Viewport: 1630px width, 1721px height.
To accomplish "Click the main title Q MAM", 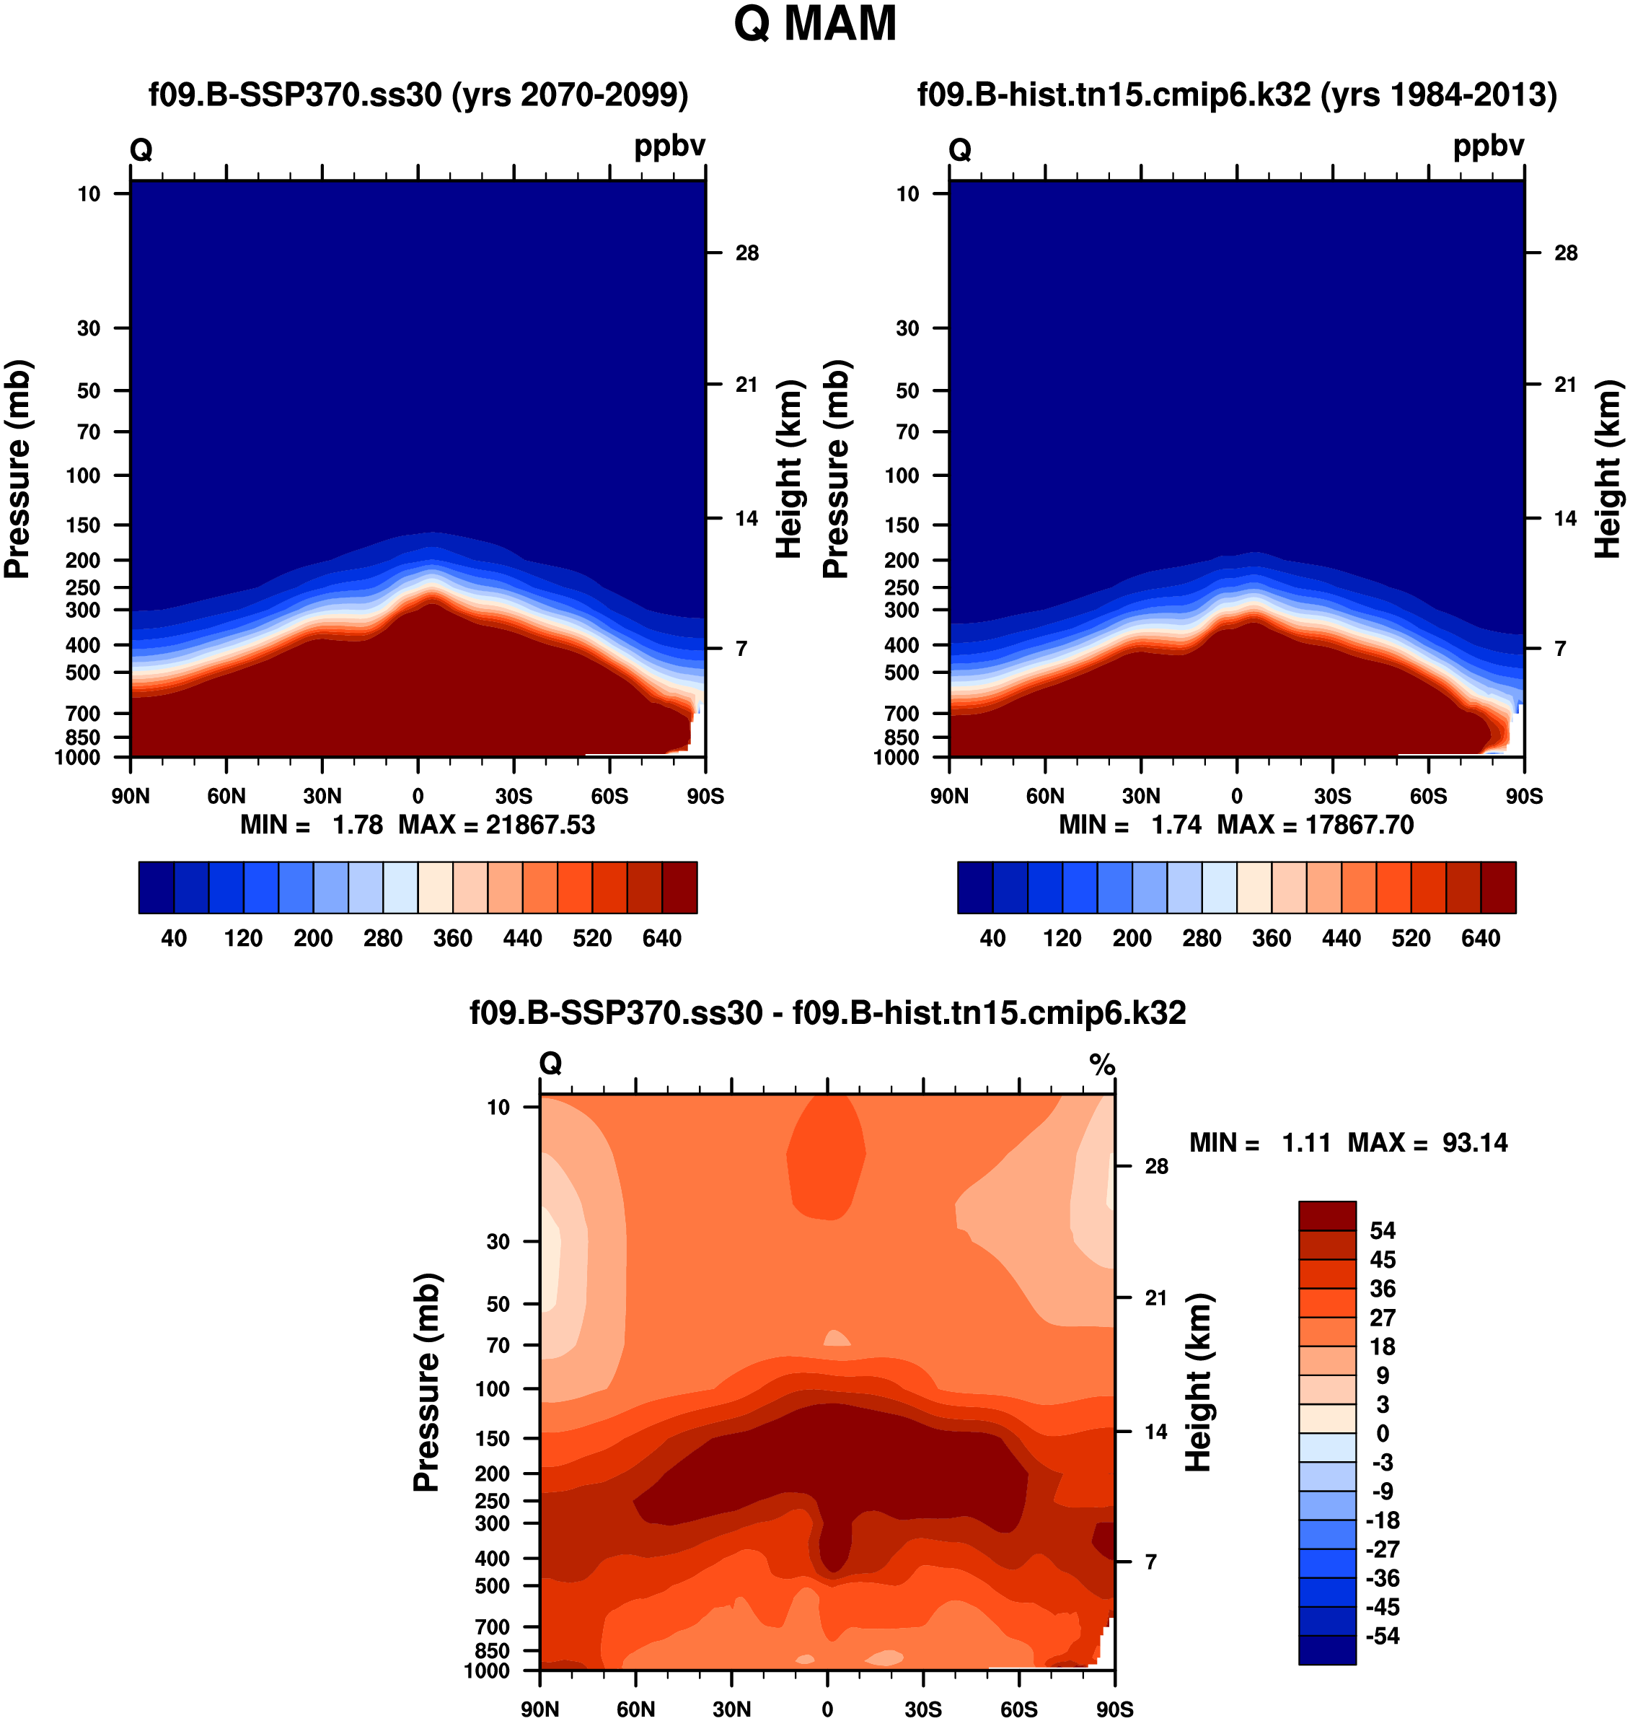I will coord(814,25).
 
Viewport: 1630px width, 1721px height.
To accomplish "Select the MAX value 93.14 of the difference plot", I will coord(1474,1142).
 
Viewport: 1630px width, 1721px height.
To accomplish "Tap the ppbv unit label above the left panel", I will coord(669,146).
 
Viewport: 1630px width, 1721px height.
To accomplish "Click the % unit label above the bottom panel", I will coord(1102,1064).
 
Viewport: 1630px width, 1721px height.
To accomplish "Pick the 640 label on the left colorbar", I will coord(661,938).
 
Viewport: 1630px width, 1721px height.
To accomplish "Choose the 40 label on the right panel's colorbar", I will coord(992,938).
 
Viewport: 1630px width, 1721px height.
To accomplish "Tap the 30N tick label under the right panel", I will coord(1141,796).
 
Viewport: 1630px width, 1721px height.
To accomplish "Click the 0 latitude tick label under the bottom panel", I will coord(827,1709).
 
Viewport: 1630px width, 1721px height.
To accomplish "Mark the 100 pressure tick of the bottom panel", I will coord(492,1389).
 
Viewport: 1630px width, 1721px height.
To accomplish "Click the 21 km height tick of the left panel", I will coord(746,384).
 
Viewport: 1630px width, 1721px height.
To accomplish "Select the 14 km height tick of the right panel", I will coord(1565,519).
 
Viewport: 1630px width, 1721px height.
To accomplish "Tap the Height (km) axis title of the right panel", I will coord(1608,469).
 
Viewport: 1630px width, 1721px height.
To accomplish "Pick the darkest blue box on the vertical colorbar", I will coord(1327,1650).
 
